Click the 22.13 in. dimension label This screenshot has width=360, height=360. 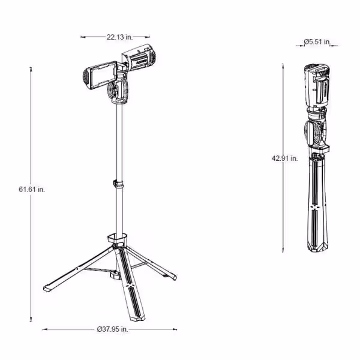119,37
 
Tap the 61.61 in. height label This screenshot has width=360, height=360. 32,190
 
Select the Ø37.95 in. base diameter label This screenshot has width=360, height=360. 112,329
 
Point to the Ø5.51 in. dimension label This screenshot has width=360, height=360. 317,42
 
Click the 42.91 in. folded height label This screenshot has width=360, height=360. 284,158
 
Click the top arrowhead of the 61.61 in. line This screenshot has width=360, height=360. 31,69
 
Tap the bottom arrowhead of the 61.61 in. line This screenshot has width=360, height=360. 31,319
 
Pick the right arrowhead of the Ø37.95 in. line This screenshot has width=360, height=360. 175,329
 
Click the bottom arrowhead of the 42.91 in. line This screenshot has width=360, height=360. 283,250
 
